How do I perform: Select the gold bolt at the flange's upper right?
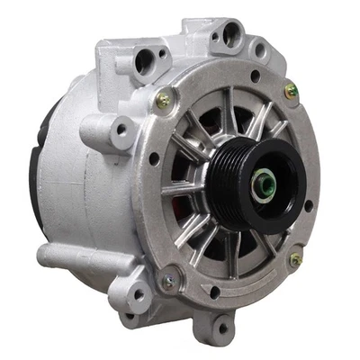point(290,91)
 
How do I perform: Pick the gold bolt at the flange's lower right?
point(295,259)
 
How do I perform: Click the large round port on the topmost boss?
point(233,37)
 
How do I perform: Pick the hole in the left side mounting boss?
point(119,131)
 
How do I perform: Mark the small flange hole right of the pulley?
point(309,206)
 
